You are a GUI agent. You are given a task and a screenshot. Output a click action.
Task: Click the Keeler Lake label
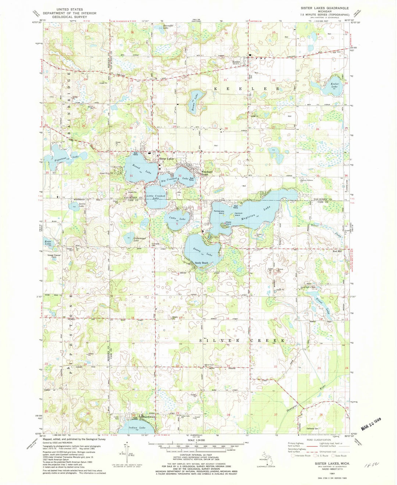[x=332, y=86]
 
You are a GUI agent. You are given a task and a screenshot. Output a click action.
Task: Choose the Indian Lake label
[x=137, y=428]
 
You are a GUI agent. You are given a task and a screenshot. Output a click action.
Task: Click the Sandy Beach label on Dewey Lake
[x=201, y=263]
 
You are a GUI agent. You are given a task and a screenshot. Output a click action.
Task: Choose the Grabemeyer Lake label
[x=129, y=239]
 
